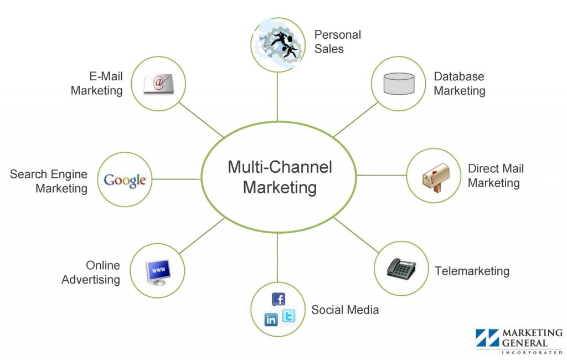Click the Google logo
pyautogui.click(x=125, y=180)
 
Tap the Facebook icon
pyautogui.click(x=279, y=299)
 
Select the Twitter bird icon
pyautogui.click(x=288, y=316)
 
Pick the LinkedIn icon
pyautogui.click(x=271, y=320)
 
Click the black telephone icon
pyautogui.click(x=401, y=268)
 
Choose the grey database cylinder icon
pyautogui.click(x=399, y=83)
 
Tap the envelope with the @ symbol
pyautogui.click(x=158, y=84)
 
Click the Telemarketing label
pyautogui.click(x=472, y=271)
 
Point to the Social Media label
pyautogui.click(x=345, y=310)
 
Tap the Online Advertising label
pyautogui.click(x=91, y=272)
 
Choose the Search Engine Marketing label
pyautogui.click(x=49, y=181)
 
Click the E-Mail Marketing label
pyautogui.click(x=97, y=83)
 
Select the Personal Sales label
pyautogui.click(x=337, y=42)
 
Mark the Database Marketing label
pyautogui.click(x=459, y=84)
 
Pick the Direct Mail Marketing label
pyautogui.click(x=494, y=176)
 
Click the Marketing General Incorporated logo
pyautogui.click(x=519, y=340)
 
